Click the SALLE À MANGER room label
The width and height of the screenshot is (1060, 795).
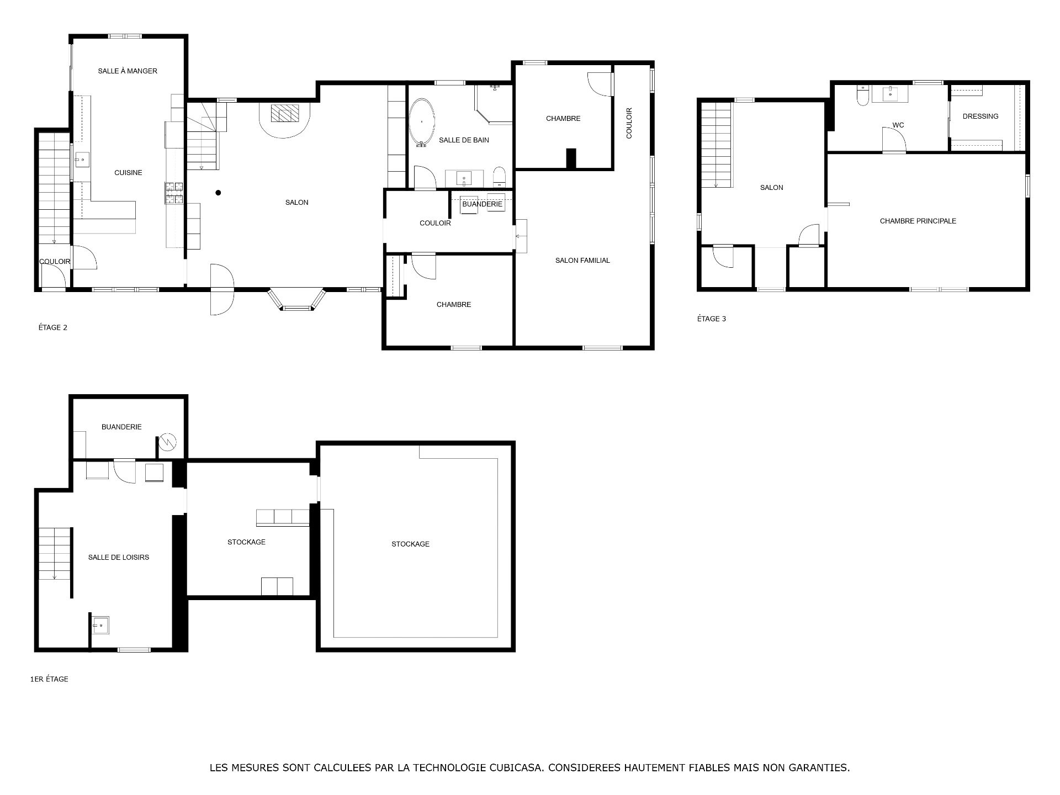(x=128, y=71)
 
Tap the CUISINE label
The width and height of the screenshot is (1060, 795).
(x=128, y=173)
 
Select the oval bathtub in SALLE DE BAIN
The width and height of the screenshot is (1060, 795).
(x=422, y=123)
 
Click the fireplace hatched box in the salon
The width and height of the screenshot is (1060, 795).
(x=285, y=113)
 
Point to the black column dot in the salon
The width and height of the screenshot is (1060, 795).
(x=219, y=193)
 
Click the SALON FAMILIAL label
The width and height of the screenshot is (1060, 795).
(x=582, y=261)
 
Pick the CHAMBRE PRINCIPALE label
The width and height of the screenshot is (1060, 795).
(x=918, y=221)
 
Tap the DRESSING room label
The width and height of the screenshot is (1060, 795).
(x=981, y=116)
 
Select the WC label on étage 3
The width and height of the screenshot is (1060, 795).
(x=898, y=125)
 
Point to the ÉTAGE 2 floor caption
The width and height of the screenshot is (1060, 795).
(x=53, y=327)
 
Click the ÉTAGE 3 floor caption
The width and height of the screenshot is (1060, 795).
(x=712, y=319)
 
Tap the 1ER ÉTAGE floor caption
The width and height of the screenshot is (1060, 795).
(x=49, y=679)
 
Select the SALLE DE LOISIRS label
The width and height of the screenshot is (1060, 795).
(x=119, y=558)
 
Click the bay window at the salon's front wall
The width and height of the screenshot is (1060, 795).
(x=296, y=299)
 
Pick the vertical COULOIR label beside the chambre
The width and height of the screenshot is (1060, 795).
(x=629, y=123)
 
